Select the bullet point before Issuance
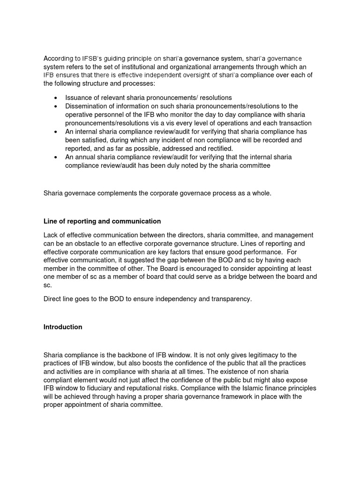pos(56,98)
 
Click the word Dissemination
pos(88,106)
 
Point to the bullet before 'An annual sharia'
pos(56,157)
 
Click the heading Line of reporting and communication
pos(102,221)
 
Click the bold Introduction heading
pos(63,327)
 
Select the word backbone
pos(135,355)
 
